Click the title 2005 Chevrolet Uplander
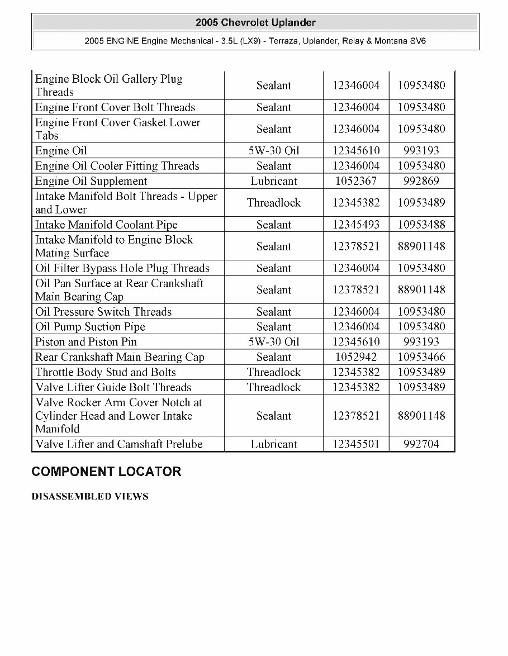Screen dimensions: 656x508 click(x=255, y=23)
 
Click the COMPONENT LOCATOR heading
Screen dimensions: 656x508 click(x=106, y=472)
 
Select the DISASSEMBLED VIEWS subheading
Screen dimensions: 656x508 click(x=90, y=497)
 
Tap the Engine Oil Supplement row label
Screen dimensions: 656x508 click(x=91, y=181)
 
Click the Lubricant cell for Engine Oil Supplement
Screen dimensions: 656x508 click(x=274, y=181)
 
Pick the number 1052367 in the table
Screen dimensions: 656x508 click(x=356, y=181)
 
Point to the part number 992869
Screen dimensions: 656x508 click(x=421, y=181)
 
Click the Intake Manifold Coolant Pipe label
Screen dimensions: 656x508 click(x=106, y=225)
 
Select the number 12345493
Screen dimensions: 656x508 click(x=356, y=225)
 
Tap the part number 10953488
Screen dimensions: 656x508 click(x=421, y=225)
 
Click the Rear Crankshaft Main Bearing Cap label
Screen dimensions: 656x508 click(x=120, y=357)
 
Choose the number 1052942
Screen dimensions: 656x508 click(x=356, y=357)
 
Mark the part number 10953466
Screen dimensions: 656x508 click(x=421, y=357)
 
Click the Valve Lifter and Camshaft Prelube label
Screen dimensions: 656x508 click(x=118, y=444)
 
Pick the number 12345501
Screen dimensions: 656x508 click(x=356, y=444)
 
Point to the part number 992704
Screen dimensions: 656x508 click(x=421, y=444)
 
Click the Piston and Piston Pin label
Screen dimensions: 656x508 click(x=86, y=342)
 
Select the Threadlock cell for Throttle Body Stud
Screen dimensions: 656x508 click(x=274, y=372)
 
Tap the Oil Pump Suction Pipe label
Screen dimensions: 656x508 click(x=90, y=327)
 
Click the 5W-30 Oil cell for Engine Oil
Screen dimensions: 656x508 click(x=274, y=151)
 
